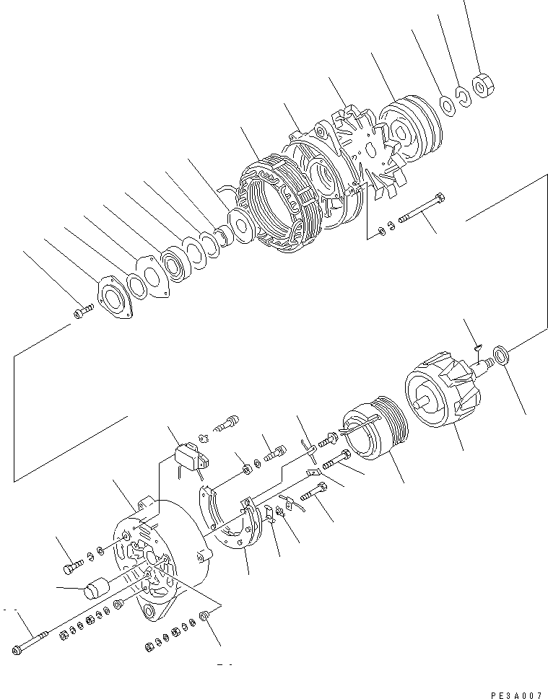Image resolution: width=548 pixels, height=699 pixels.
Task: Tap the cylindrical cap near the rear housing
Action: point(95,590)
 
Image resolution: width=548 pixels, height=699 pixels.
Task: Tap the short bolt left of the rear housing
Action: point(71,566)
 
